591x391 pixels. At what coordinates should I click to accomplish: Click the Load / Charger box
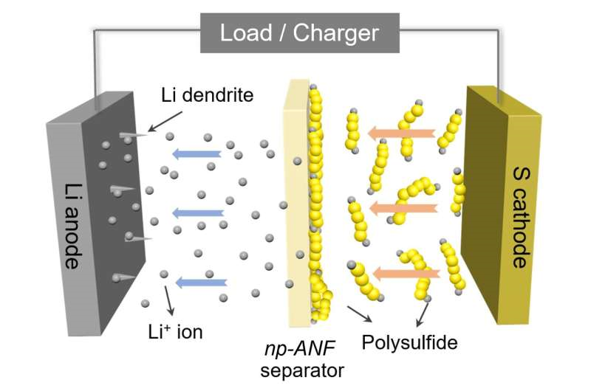[300, 32]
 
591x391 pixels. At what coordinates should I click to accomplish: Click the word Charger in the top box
[336, 34]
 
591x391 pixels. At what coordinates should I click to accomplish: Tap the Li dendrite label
[208, 95]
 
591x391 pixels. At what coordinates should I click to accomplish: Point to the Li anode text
[72, 226]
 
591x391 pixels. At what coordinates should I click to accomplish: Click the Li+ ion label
[175, 332]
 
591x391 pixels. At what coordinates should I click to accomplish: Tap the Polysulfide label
[410, 342]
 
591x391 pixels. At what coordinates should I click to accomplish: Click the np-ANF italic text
[300, 349]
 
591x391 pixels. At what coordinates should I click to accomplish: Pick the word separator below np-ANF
[302, 370]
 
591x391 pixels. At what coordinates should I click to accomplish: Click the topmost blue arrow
[197, 153]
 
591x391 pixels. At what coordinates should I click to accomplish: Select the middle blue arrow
[198, 213]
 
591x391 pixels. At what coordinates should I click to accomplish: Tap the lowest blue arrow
[201, 283]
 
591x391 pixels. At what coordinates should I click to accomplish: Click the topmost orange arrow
[401, 134]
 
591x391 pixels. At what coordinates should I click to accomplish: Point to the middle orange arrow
[403, 208]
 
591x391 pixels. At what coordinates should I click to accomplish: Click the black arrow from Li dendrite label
[165, 122]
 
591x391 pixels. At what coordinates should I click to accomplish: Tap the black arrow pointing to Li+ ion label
[169, 301]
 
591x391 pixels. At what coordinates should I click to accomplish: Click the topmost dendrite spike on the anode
[134, 135]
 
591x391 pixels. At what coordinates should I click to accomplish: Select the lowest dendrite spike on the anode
[124, 277]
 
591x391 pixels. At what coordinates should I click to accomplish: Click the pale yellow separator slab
[297, 203]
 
